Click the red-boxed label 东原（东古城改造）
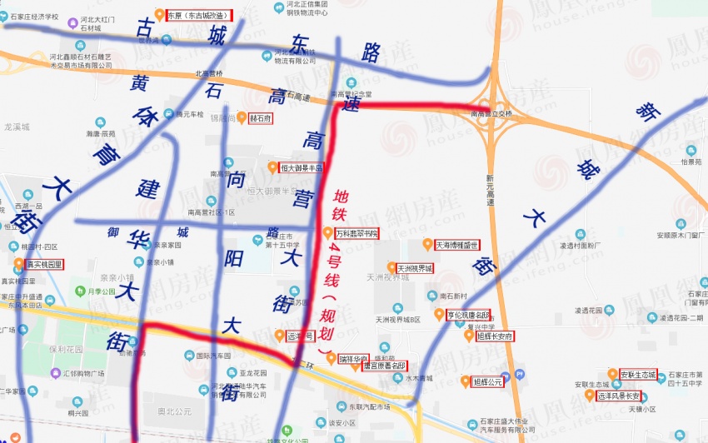click(198, 14)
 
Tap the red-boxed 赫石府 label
click(260, 118)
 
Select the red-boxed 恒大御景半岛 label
click(301, 167)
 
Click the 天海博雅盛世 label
click(456, 245)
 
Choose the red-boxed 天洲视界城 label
click(414, 268)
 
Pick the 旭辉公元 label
click(488, 381)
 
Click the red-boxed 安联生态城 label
click(638, 373)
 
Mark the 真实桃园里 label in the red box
click(44, 264)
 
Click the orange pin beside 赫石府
click(242, 118)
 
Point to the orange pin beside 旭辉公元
click(465, 381)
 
